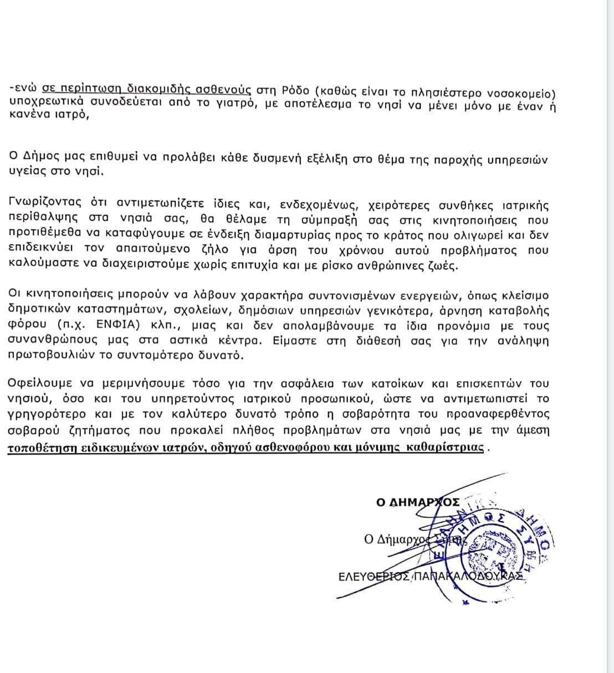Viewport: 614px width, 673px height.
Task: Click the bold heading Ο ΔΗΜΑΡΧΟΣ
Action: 417,502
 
